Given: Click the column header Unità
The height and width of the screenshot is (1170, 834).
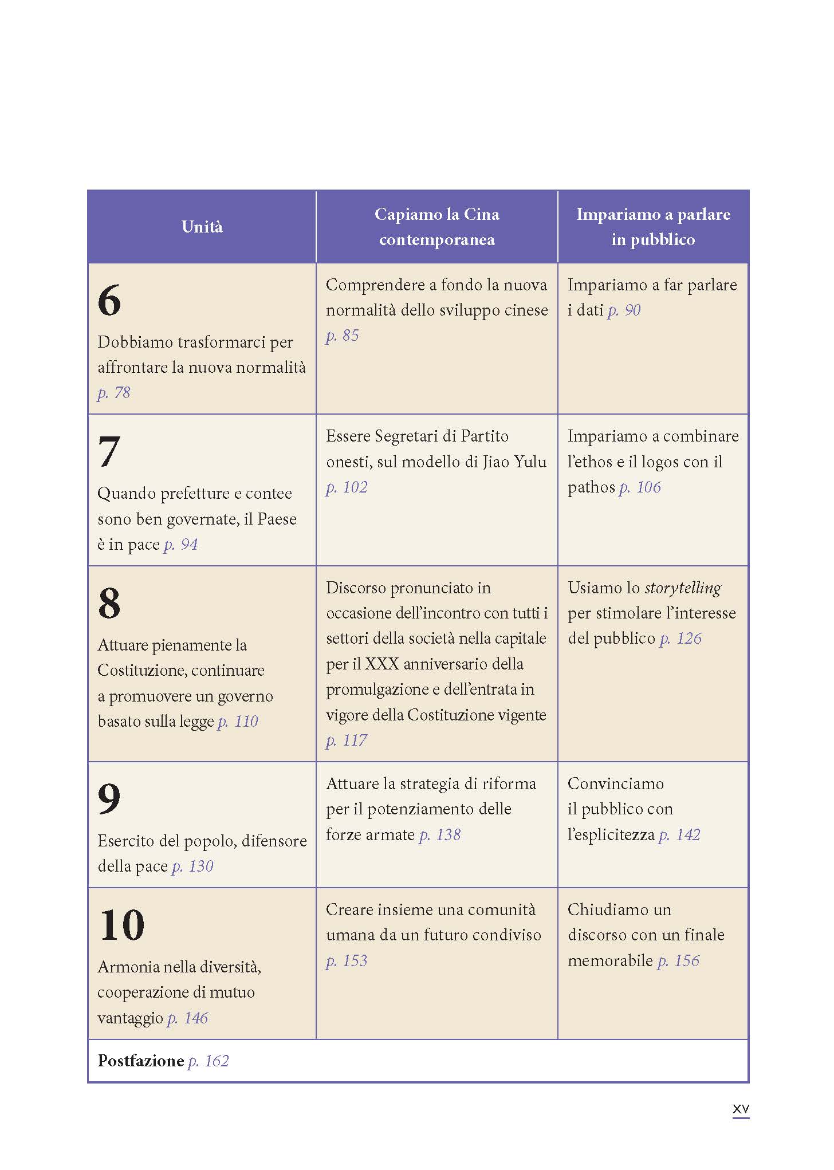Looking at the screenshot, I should click(x=202, y=227).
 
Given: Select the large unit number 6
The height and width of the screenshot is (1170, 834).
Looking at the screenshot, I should click(x=109, y=301).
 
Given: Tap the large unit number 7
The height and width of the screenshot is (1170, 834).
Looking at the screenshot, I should click(x=109, y=452).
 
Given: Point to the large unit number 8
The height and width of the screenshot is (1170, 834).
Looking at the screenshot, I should click(x=109, y=604).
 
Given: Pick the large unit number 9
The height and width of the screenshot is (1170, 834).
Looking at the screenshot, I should click(x=109, y=799).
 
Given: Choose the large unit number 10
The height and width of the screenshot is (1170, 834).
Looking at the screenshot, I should click(x=121, y=925).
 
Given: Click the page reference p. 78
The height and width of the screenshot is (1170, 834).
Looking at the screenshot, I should click(x=114, y=393).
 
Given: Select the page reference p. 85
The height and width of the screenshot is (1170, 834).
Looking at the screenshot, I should click(x=343, y=336).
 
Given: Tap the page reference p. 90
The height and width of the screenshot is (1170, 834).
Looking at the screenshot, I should click(x=624, y=310).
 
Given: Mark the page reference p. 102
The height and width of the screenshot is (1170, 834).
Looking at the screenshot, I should click(x=347, y=487).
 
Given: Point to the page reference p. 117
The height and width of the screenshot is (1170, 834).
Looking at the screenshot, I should click(x=347, y=740).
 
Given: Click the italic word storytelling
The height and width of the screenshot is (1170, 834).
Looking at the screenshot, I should click(x=683, y=588).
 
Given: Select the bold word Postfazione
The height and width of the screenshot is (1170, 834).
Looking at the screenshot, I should click(x=141, y=1061).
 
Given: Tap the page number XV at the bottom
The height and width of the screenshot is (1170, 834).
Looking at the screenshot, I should click(x=741, y=1109).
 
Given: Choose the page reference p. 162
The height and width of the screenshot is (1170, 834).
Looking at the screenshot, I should click(x=208, y=1061).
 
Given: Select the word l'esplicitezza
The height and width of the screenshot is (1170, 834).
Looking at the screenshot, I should click(x=611, y=835).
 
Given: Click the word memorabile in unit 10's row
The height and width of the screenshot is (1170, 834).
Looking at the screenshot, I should click(x=610, y=961).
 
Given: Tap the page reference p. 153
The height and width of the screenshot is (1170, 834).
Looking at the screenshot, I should click(x=347, y=961).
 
